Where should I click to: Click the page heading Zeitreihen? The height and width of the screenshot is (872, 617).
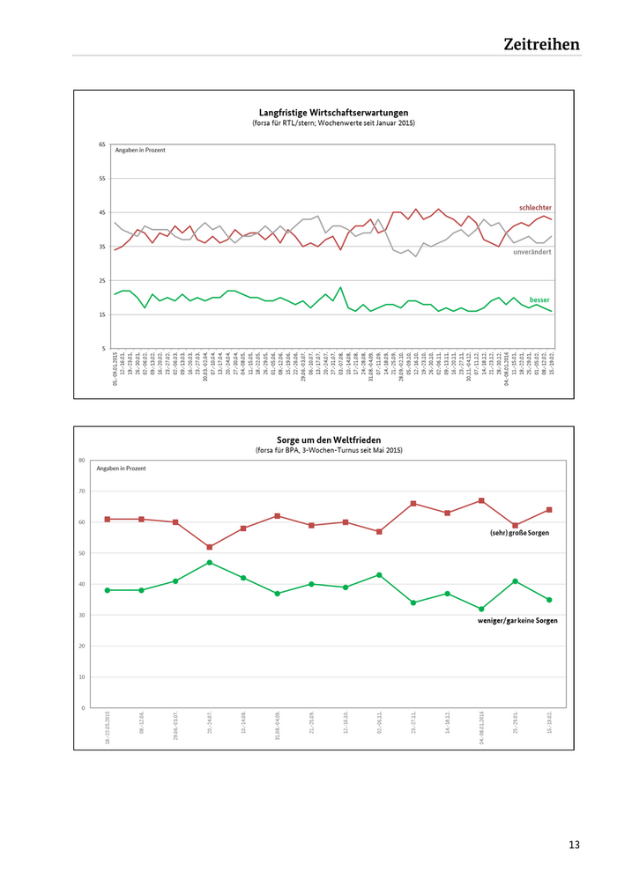541,43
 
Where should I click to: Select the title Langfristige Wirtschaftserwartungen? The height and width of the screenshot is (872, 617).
333,113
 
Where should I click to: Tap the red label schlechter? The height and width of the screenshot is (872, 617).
535,208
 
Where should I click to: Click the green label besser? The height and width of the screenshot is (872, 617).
540,299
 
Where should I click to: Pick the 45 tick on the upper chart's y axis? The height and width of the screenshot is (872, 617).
102,213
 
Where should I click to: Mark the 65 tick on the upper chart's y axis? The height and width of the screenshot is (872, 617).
102,144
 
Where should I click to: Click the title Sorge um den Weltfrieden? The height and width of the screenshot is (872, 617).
327,439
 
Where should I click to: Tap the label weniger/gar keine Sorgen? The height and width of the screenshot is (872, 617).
517,621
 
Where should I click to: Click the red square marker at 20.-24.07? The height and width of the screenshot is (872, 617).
210,547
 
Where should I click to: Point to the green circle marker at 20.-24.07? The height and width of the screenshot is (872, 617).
210,562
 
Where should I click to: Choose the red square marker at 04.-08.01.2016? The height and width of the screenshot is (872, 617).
481,500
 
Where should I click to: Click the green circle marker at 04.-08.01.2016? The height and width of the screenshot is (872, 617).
481,609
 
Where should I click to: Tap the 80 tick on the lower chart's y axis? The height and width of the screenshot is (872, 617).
82,461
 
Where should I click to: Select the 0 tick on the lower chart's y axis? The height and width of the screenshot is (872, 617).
84,708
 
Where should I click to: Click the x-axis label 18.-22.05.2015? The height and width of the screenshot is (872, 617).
108,730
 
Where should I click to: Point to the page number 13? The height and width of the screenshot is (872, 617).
574,845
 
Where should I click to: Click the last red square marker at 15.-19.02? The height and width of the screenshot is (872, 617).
549,510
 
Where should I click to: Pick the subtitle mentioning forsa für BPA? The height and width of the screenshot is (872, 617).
327,450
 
